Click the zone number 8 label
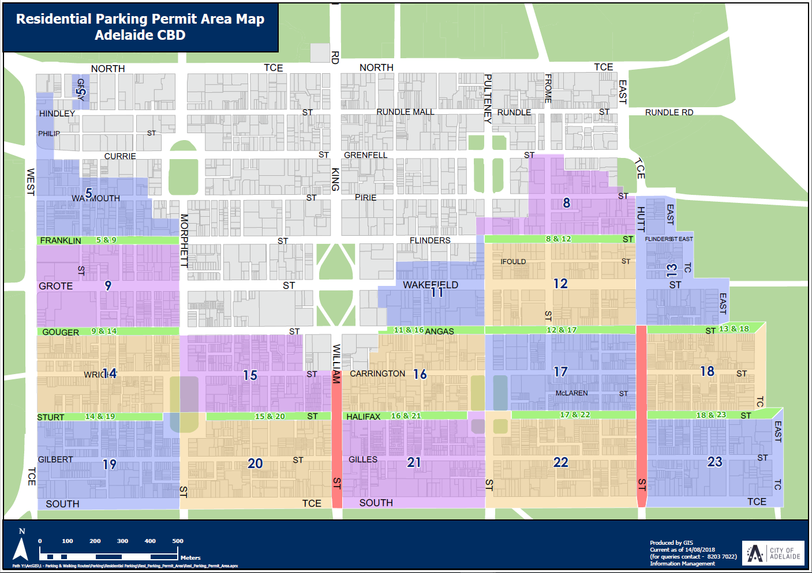tap(567, 203)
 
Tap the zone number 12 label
tap(560, 284)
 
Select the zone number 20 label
tap(255, 463)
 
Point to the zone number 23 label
tap(714, 462)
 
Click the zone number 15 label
tap(250, 375)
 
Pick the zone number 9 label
tap(108, 285)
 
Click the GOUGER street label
tap(61, 332)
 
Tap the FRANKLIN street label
tap(61, 240)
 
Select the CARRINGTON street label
tap(377, 374)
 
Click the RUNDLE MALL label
tap(405, 112)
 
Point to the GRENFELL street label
tap(366, 155)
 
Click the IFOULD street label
tap(513, 262)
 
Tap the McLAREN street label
tap(571, 393)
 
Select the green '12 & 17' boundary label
tap(562, 330)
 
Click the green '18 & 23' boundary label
tap(711, 414)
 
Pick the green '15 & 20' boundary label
tap(270, 416)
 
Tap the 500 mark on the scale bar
tap(178, 541)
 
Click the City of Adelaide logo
tap(773, 553)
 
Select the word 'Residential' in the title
tap(54, 19)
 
